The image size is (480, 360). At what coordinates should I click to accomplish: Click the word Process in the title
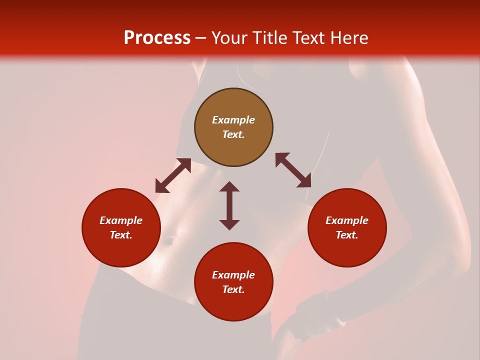157,38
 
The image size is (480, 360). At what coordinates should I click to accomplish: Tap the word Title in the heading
272,38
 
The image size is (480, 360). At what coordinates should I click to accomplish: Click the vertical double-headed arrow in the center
229,205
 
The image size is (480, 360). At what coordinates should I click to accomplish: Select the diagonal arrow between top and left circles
173,175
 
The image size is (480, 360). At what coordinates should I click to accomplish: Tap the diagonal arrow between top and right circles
293,170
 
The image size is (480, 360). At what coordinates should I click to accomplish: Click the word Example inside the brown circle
233,120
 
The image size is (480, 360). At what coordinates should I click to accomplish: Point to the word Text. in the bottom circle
233,289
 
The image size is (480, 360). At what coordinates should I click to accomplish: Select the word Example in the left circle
121,220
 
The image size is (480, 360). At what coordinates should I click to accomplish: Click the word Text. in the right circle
347,235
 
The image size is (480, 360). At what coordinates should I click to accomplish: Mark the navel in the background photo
167,241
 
